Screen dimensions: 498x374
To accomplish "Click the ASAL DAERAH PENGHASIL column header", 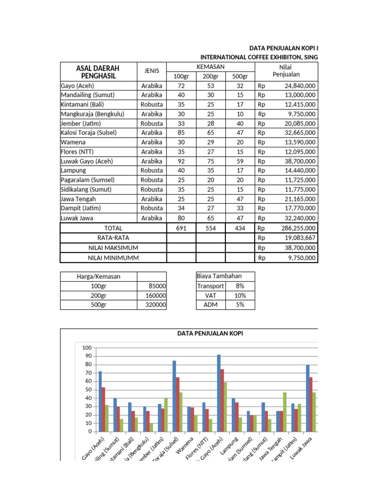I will click(x=98, y=71).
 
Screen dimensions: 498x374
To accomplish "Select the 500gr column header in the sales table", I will click(x=240, y=76).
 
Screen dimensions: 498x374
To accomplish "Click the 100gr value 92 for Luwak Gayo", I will click(x=181, y=161).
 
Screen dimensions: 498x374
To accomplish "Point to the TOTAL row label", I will click(x=113, y=228).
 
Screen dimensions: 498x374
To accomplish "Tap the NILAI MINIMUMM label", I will click(x=113, y=258).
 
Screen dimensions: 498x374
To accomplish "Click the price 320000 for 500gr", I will click(x=156, y=305).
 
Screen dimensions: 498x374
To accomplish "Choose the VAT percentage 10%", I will click(x=240, y=296).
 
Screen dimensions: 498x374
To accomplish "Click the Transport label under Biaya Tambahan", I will click(x=210, y=286).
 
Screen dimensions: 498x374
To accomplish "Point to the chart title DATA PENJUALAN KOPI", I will click(x=209, y=333).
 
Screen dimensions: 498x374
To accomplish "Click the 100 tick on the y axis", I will click(x=87, y=348).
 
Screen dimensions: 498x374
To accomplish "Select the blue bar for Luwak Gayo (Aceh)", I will click(x=219, y=393).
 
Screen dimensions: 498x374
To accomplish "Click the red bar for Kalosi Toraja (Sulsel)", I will click(x=178, y=404).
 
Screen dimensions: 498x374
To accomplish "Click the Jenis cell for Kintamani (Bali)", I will click(x=151, y=105).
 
